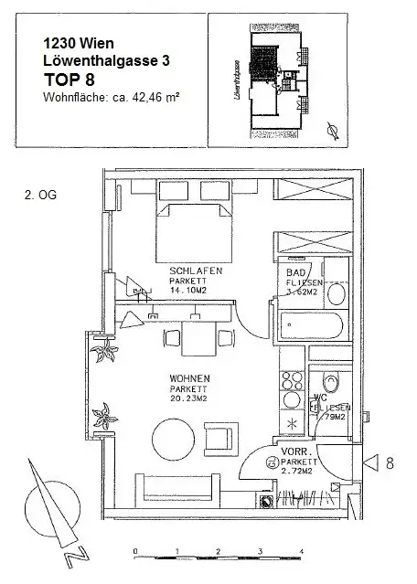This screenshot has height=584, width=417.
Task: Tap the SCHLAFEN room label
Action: [x=189, y=271]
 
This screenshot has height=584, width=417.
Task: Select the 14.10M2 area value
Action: [x=189, y=292]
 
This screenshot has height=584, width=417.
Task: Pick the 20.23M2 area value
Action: [x=189, y=398]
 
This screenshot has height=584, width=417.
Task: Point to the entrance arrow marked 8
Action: [x=371, y=463]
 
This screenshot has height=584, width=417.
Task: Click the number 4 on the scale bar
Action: [x=302, y=551]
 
